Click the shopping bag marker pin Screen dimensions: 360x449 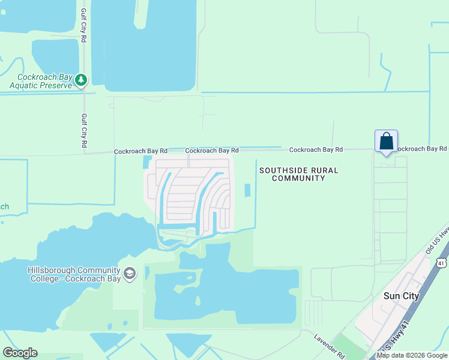(387, 142)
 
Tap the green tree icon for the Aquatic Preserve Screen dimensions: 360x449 (81, 79)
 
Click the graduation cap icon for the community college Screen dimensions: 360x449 (129, 274)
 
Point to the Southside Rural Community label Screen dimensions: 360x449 (298, 174)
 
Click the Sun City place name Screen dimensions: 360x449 (400, 296)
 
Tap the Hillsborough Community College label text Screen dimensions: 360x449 (74, 274)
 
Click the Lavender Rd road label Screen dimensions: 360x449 (329, 346)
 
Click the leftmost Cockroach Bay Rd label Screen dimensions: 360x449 (140, 152)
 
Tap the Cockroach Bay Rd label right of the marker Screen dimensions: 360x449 (421, 148)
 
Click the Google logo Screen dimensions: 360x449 (20, 353)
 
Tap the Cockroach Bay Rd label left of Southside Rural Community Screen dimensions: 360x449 (212, 151)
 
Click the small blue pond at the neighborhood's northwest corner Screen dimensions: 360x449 (147, 162)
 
